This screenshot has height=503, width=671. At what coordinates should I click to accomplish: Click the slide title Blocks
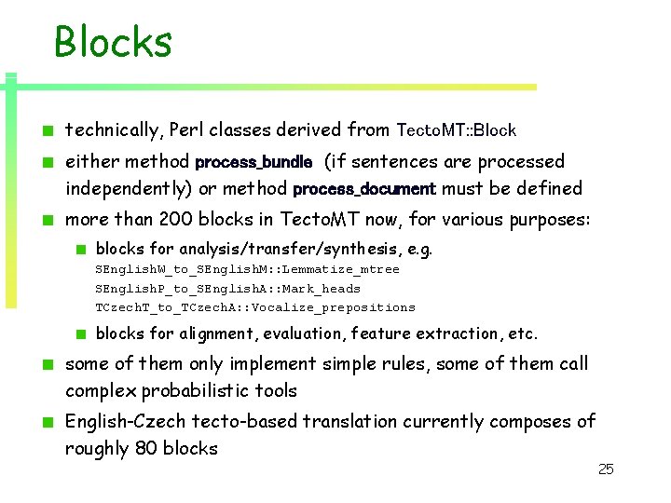113,42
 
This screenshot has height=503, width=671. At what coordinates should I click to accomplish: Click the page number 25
606,469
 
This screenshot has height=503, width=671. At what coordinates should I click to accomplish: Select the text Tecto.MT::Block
457,131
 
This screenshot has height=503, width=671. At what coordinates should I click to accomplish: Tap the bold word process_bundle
253,162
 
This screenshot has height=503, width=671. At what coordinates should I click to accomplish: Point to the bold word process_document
364,189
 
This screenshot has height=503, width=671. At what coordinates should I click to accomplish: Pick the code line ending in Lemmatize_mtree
247,269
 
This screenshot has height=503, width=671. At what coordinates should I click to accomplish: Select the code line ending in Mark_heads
227,289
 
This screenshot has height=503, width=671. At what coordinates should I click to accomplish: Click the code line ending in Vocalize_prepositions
255,307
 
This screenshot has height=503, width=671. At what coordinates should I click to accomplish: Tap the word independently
126,189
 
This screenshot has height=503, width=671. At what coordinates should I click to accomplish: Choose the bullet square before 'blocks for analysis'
82,250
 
